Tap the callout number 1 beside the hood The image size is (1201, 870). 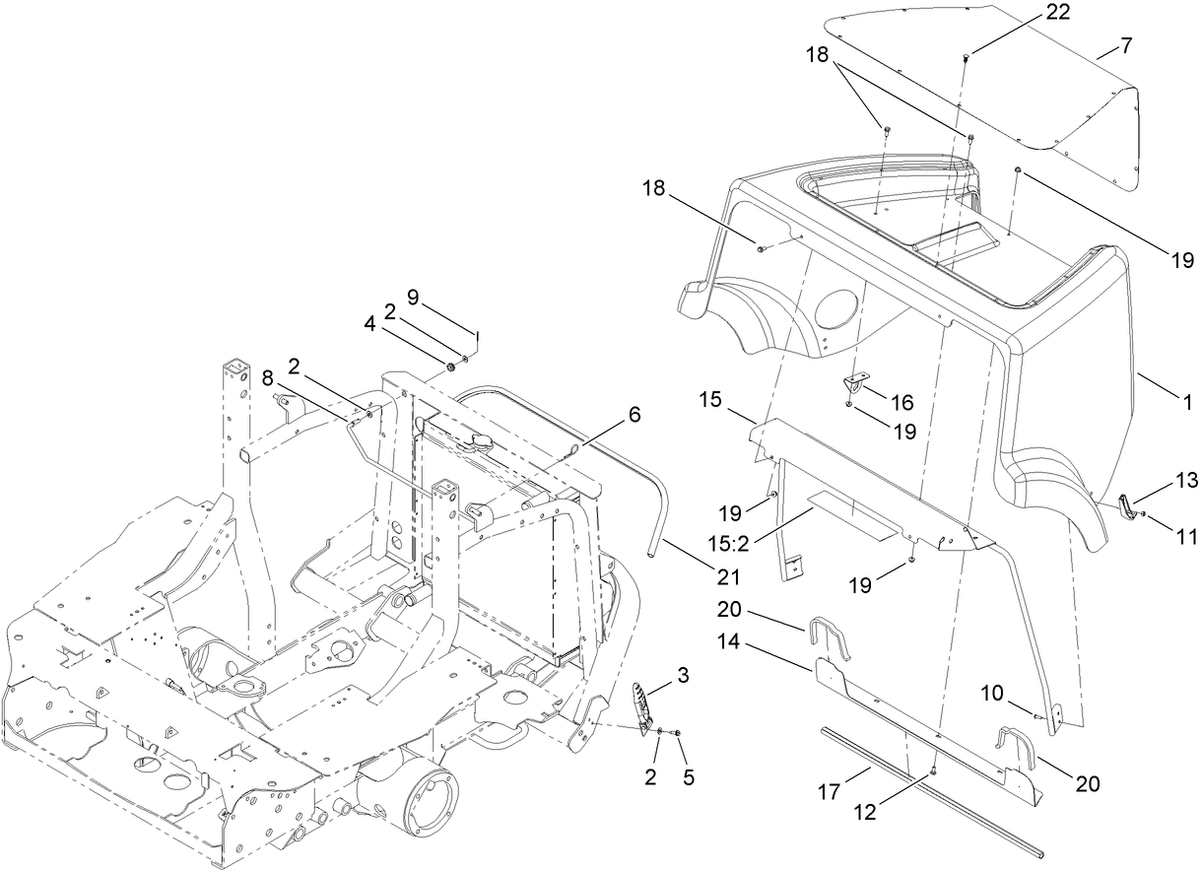coord(1188,402)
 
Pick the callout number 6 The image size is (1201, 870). coord(633,415)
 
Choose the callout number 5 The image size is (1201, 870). coord(689,777)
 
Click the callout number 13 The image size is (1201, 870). coord(1185,480)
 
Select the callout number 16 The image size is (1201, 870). coord(901,402)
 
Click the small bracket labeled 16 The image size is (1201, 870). coord(854,384)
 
